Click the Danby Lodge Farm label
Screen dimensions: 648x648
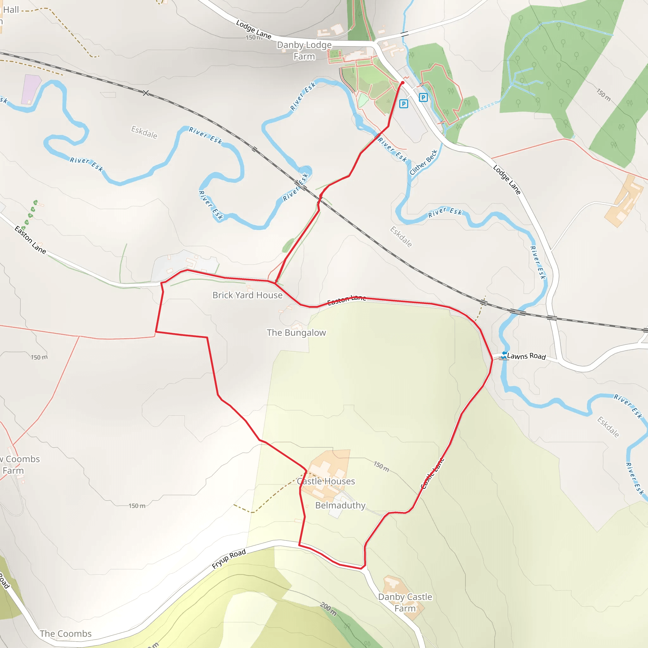coord(304,51)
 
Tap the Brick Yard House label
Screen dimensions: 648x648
coord(247,295)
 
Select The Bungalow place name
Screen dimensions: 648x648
coord(296,333)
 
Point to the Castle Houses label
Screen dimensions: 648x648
coord(326,481)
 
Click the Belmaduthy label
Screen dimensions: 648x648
coord(340,505)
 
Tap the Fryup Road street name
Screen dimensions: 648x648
coord(229,559)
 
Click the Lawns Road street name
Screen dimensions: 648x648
coord(526,356)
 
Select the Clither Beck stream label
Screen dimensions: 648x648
coord(423,162)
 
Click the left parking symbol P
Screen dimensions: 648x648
coord(403,104)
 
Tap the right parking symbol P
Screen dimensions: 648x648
coord(423,97)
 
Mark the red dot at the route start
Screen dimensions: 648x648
coord(402,83)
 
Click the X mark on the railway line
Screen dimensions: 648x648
coord(146,93)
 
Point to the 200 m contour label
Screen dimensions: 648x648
coord(328,609)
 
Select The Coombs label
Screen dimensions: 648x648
coord(65,633)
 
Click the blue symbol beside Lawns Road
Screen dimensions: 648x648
coord(504,355)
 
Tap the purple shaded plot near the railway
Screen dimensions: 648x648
coord(31,89)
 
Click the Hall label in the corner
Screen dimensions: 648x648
coord(11,10)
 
